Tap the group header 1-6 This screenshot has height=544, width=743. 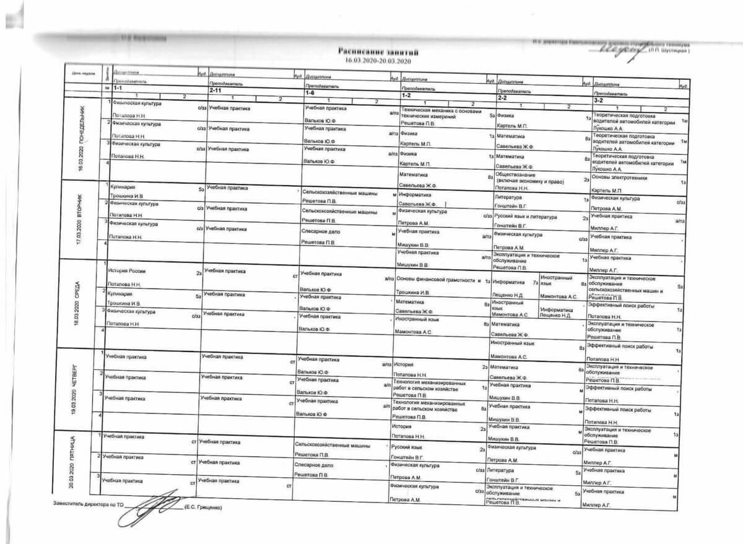click(x=310, y=92)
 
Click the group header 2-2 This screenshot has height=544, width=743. click(x=503, y=97)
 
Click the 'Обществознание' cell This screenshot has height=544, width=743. click(x=516, y=175)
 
